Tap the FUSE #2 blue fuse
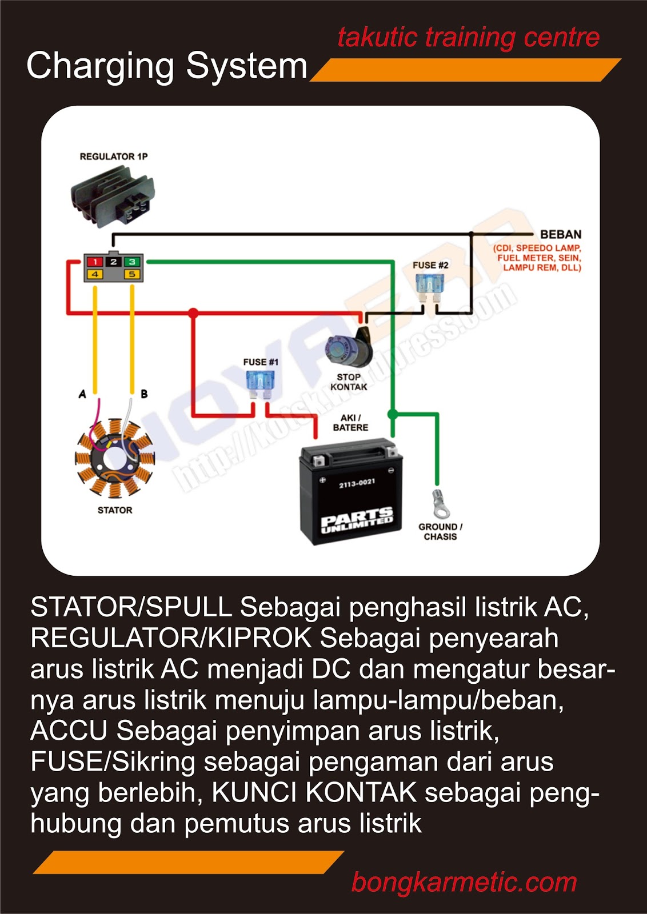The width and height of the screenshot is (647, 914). click(430, 286)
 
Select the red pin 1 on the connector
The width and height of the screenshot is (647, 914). click(95, 262)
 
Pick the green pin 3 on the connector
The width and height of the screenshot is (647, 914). click(132, 262)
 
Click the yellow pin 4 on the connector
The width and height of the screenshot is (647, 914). click(95, 275)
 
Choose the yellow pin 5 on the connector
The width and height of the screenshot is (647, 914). click(132, 275)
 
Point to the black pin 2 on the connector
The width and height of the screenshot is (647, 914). click(113, 262)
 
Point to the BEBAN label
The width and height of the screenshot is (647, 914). click(561, 234)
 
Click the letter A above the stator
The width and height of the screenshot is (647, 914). click(82, 394)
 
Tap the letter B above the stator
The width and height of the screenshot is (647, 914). click(144, 394)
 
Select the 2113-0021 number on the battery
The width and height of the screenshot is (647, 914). click(357, 483)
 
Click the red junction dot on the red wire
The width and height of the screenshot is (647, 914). click(193, 313)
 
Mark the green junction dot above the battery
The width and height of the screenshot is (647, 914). click(393, 413)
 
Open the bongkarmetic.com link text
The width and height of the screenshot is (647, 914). click(464, 882)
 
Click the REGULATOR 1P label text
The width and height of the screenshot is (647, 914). click(113, 157)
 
